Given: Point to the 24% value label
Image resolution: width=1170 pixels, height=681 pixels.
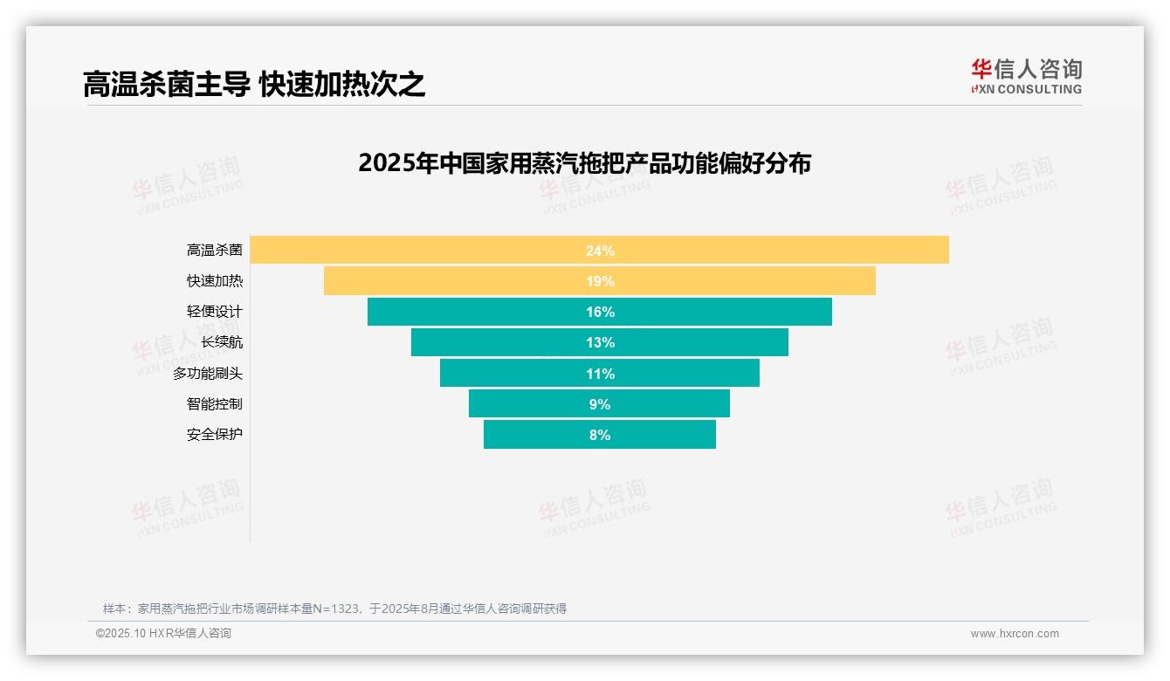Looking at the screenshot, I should click(x=600, y=251).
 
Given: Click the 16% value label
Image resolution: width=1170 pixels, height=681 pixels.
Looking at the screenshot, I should click(x=600, y=312).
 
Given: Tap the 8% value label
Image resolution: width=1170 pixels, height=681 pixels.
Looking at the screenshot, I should click(x=600, y=435).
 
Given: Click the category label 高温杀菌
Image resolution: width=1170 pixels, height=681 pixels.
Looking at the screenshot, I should click(x=214, y=251).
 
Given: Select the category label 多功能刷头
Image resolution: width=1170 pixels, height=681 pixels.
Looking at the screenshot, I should click(x=208, y=374).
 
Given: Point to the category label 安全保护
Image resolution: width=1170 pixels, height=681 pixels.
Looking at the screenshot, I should click(x=214, y=435).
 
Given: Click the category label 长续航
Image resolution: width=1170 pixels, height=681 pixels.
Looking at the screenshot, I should click(x=222, y=342).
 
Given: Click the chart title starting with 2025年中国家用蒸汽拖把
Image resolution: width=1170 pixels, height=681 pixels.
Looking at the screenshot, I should click(x=584, y=163).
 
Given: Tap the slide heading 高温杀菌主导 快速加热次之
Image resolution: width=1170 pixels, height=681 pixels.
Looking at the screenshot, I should click(x=254, y=84).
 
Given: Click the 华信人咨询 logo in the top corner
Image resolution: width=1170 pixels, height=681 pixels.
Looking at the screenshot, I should click(x=1026, y=76).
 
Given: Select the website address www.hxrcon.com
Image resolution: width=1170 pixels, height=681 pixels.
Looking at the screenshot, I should click(x=1015, y=634).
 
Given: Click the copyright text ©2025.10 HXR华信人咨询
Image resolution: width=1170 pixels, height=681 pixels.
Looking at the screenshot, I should click(x=163, y=634).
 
